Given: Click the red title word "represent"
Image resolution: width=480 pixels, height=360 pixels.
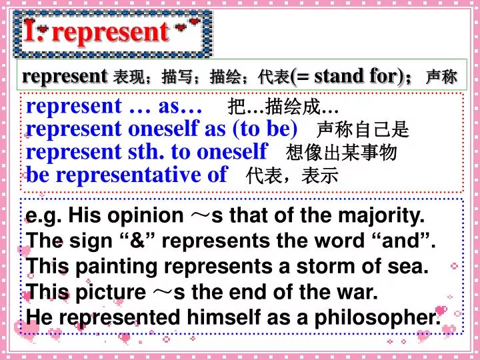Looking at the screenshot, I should point(111,31).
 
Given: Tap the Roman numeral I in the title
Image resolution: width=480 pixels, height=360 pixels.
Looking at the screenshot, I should point(30,31).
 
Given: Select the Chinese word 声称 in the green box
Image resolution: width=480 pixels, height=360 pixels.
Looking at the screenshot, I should point(441,77).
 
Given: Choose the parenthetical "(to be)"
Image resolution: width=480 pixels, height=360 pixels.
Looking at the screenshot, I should point(265,129).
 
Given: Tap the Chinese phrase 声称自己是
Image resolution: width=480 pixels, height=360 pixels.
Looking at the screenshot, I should point(363,129).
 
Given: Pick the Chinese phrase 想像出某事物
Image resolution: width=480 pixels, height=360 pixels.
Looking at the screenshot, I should point(341,153).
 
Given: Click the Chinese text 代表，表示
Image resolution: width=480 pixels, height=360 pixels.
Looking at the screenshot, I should point(292,176).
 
